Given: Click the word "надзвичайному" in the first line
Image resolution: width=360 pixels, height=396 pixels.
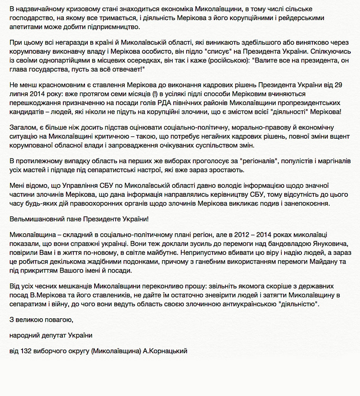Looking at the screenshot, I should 39,9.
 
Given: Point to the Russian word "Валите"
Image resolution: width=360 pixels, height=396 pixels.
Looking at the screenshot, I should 269,61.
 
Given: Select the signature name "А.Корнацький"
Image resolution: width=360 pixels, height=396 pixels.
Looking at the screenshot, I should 165,351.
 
